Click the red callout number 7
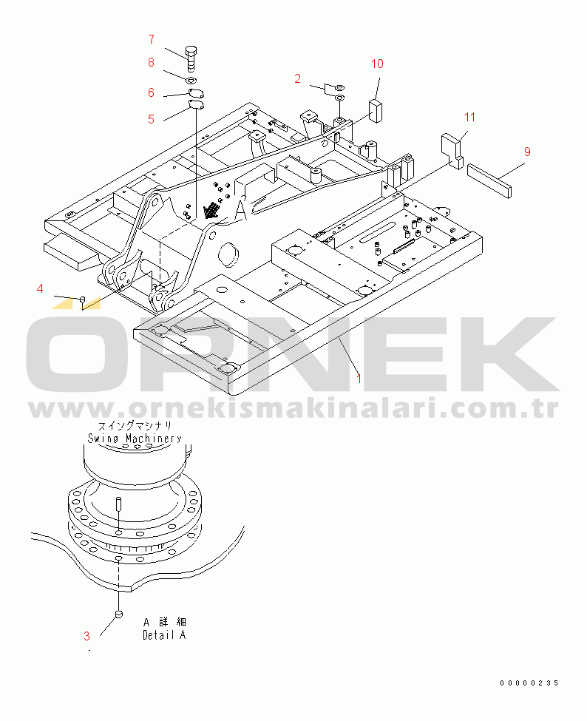click(x=152, y=39)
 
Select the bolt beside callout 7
click(x=191, y=58)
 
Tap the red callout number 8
click(x=152, y=62)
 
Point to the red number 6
click(x=152, y=92)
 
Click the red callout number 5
click(x=152, y=120)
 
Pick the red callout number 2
click(x=298, y=78)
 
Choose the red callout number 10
click(x=377, y=64)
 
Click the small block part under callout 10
click(x=376, y=111)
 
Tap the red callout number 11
click(x=469, y=118)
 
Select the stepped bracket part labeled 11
click(x=452, y=150)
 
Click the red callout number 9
click(x=527, y=152)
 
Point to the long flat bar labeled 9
click(x=489, y=180)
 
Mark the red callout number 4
click(x=40, y=288)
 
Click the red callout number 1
click(x=359, y=379)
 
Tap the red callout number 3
click(x=87, y=636)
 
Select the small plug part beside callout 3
click(x=119, y=613)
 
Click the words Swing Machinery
click(x=135, y=439)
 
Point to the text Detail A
click(x=164, y=635)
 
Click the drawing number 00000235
click(x=529, y=683)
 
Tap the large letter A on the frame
click(x=241, y=210)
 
